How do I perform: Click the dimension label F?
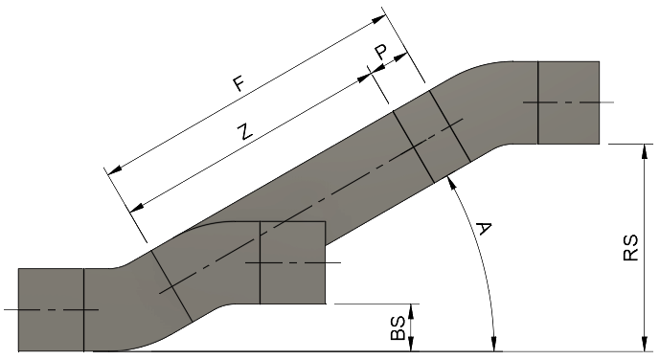pos(239,83)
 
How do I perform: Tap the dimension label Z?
pos(244,131)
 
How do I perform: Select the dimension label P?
pos(380,52)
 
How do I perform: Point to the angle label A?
pos(483,229)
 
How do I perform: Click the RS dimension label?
pos(630,248)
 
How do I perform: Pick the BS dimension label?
pos(398,327)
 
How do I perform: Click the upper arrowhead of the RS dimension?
pos(645,151)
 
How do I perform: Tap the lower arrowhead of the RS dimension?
pos(645,344)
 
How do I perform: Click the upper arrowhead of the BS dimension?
pos(412,311)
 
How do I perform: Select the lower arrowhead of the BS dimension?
pos(412,344)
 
